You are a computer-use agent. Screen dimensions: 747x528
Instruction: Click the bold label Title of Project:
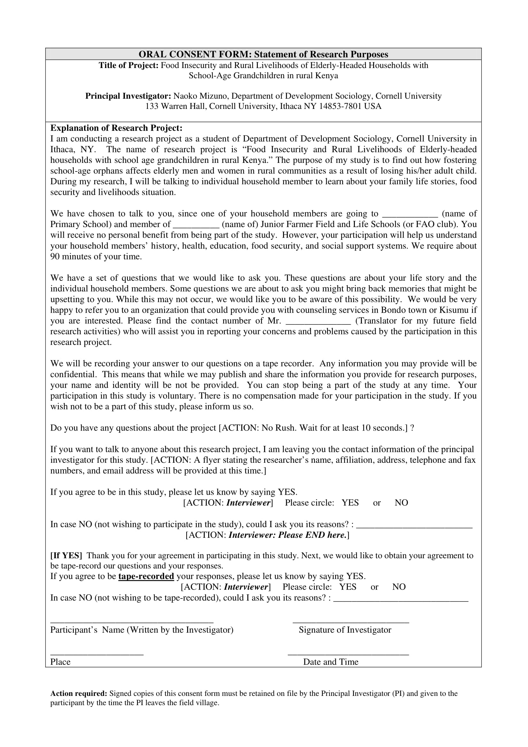coord(128,65)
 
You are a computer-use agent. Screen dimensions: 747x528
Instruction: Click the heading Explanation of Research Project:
coord(116,128)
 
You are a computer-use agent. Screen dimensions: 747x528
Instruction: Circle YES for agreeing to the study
coord(350,503)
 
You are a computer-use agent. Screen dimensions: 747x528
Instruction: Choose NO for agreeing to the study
coord(401,503)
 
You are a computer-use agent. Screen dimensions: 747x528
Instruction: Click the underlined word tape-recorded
coord(146,576)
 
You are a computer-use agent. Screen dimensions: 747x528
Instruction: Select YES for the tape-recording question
coord(348,587)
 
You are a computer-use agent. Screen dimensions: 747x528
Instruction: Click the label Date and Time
coord(331,662)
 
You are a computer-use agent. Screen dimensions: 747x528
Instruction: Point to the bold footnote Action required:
coord(78,694)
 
